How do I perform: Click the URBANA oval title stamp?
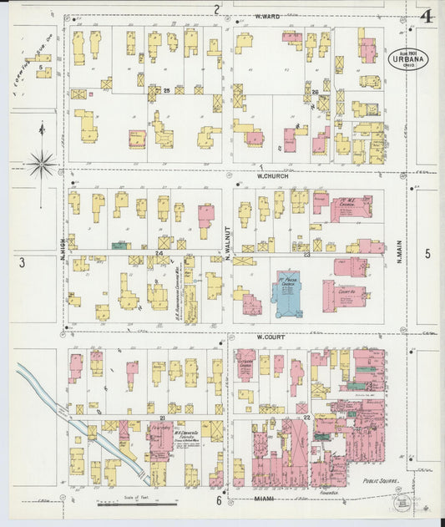coord(408,60)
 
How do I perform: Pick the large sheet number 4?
coord(427,17)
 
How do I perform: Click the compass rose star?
coord(41,163)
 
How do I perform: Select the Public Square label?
coord(382,482)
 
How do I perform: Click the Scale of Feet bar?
coord(125,504)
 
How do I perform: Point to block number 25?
coord(166,90)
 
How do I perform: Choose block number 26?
coord(315,91)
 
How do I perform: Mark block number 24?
coord(158,251)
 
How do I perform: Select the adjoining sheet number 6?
coord(220,501)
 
